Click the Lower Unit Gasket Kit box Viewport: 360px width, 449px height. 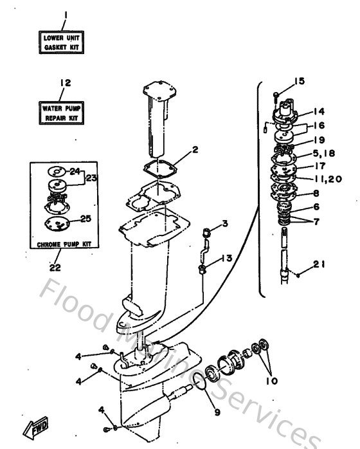pyautogui.click(x=63, y=43)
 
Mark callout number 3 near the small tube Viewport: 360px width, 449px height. pyautogui.click(x=224, y=224)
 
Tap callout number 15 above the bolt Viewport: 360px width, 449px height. pyautogui.click(x=299, y=81)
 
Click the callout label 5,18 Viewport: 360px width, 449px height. pyautogui.click(x=325, y=154)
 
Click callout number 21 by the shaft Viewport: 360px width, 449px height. pyautogui.click(x=320, y=264)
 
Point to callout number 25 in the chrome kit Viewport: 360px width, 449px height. pyautogui.click(x=85, y=219)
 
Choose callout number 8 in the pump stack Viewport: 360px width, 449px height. pyautogui.click(x=316, y=192)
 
